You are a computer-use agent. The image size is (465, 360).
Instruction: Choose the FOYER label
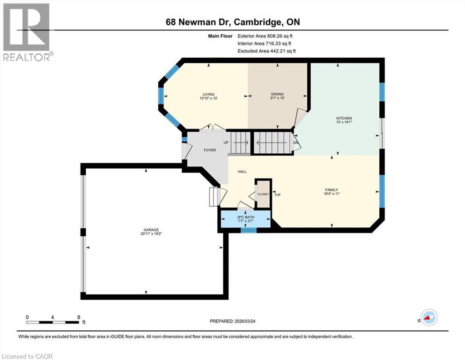[209, 150]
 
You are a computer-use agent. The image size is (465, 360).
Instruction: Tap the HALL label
[242, 172]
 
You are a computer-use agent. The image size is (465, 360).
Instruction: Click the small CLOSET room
[263, 194]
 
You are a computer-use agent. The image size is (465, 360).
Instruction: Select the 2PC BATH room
[245, 218]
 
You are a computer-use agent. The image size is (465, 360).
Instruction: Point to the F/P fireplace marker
[277, 194]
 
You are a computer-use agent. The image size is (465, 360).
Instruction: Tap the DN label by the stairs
[295, 142]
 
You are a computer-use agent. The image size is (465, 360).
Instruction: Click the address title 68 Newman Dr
[232, 22]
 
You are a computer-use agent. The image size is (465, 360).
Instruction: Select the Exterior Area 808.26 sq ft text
[265, 36]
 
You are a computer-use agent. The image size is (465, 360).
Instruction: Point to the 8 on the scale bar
[79, 317]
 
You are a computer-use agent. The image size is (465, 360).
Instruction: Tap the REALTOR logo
[27, 32]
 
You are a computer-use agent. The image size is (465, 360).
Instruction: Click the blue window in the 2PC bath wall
[249, 230]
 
